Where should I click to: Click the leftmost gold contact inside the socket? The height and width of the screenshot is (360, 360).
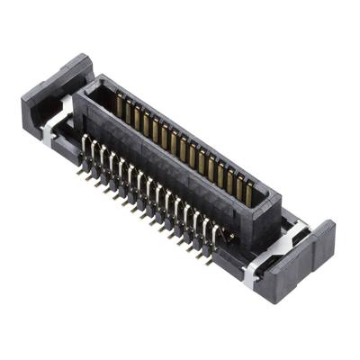(x=119, y=107)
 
